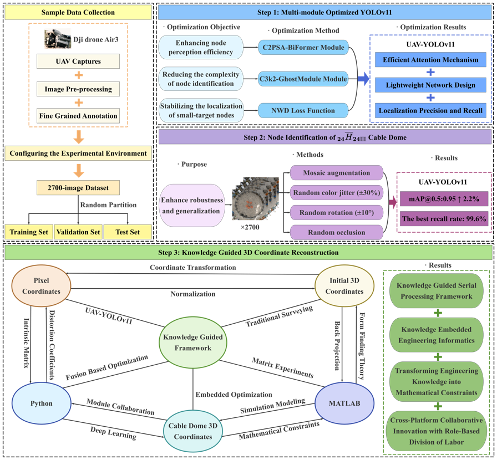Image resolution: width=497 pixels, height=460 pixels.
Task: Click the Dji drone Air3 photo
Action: [x=58, y=39]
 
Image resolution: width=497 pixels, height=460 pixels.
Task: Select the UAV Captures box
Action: [x=78, y=62]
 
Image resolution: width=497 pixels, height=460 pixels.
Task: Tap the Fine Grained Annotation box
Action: [x=78, y=116]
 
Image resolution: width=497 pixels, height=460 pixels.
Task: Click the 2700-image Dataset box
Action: [x=78, y=188]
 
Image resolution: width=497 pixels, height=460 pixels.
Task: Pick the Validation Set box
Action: [x=78, y=232]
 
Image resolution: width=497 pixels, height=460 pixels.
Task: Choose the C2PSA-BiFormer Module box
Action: [x=302, y=47]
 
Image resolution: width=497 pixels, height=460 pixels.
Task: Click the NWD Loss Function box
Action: [x=302, y=110]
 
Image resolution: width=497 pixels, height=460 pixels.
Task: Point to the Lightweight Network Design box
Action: [x=430, y=85]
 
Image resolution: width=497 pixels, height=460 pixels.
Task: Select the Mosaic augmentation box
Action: [x=336, y=173]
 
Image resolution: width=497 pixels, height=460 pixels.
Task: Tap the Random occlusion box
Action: [x=336, y=232]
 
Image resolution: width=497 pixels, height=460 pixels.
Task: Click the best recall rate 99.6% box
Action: [x=444, y=219]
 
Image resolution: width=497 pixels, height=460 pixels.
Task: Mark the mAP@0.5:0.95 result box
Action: [x=444, y=199]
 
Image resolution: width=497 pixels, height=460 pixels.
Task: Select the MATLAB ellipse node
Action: [x=344, y=403]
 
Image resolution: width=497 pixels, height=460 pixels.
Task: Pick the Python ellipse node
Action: [x=42, y=403]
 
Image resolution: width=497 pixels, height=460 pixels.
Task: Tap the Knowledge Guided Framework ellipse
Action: [x=192, y=343]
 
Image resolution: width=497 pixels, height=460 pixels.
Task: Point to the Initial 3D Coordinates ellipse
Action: [x=344, y=287]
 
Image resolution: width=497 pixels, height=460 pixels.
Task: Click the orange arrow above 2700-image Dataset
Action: [x=78, y=169]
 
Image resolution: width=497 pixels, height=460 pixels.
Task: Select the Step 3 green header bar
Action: [x=248, y=253]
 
